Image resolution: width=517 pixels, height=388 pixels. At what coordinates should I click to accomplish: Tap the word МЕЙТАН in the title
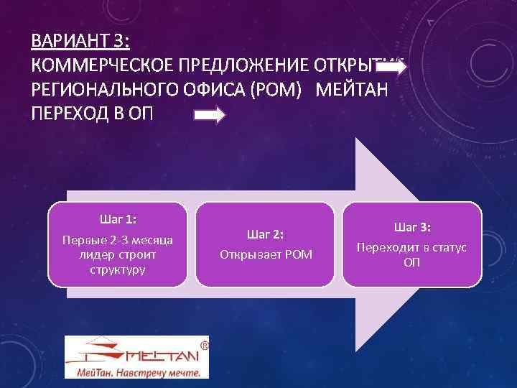351,91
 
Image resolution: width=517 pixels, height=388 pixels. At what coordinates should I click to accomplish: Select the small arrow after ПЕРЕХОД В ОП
210,116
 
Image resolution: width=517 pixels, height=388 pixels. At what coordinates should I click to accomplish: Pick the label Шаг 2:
265,234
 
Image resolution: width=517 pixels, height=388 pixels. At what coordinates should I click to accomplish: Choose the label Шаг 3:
411,227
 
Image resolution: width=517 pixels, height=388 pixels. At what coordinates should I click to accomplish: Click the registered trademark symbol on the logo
204,346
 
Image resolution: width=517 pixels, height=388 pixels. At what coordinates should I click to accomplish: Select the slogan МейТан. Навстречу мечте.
136,371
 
